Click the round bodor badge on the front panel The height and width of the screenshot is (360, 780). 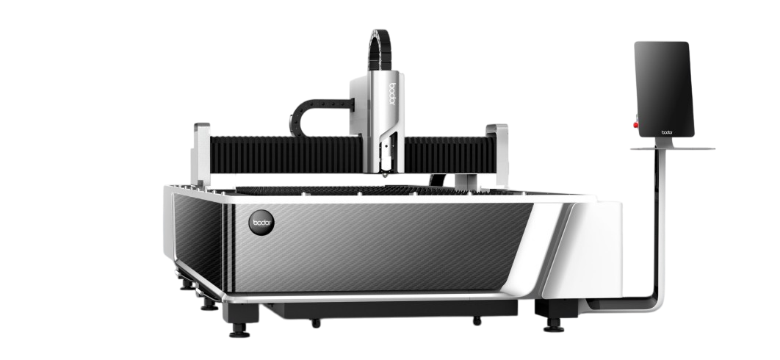(261, 222)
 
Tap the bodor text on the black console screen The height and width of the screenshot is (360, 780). (667, 132)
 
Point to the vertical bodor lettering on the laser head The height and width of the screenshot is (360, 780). (392, 95)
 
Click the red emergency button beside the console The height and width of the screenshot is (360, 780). (636, 124)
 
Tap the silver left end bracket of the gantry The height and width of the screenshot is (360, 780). (201, 154)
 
